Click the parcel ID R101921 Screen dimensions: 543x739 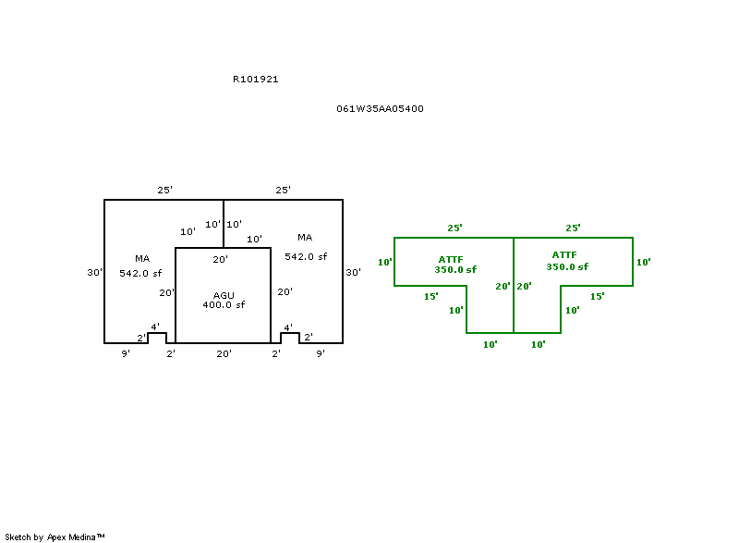pyautogui.click(x=256, y=80)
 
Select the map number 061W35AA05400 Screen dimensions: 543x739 pyautogui.click(x=380, y=109)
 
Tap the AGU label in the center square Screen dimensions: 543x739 pyautogui.click(x=224, y=295)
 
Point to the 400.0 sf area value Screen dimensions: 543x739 pyautogui.click(x=224, y=305)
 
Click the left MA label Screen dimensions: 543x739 pyautogui.click(x=142, y=259)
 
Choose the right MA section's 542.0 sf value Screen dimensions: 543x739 pyautogui.click(x=306, y=256)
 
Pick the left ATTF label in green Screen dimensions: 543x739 pyautogui.click(x=451, y=259)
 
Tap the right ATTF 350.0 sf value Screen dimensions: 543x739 pyautogui.click(x=567, y=266)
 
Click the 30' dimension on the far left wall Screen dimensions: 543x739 pyautogui.click(x=94, y=273)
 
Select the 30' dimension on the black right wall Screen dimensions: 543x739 pyautogui.click(x=353, y=273)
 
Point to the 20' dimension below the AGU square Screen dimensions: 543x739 pyautogui.click(x=224, y=353)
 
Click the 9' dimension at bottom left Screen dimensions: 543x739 pyautogui.click(x=126, y=353)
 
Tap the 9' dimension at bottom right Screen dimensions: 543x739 pyautogui.click(x=321, y=353)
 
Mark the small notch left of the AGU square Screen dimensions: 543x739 pyautogui.click(x=157, y=337)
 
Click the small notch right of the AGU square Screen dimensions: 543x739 pyautogui.click(x=290, y=337)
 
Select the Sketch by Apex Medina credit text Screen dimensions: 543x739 pyautogui.click(x=55, y=537)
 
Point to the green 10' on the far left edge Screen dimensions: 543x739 pyautogui.click(x=385, y=262)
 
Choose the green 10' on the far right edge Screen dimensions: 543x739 pyautogui.click(x=644, y=262)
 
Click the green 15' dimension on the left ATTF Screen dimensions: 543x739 pyautogui.click(x=430, y=296)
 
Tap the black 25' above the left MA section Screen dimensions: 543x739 pyautogui.click(x=164, y=190)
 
